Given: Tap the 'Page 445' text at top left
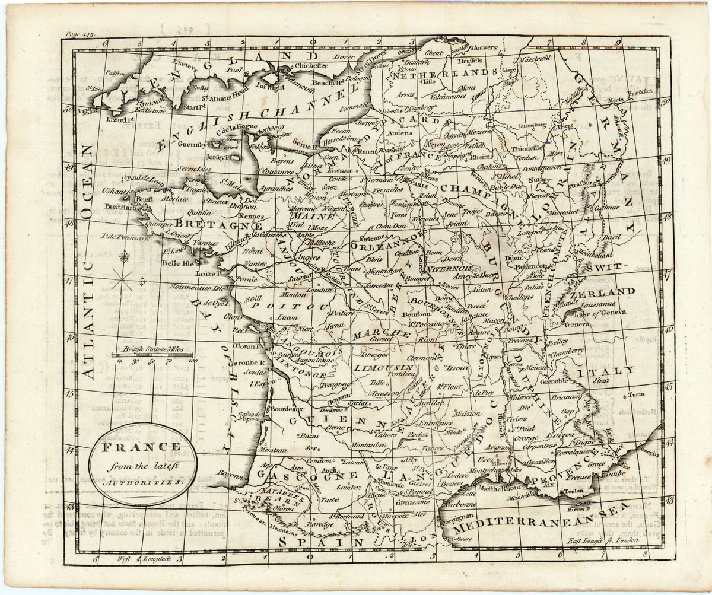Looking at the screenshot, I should point(81,36).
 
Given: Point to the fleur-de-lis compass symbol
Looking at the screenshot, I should point(124,257).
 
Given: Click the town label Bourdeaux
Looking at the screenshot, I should point(288,408).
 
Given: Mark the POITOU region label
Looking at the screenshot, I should point(289,306).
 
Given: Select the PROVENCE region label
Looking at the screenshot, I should point(561,470).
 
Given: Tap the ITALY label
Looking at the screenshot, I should point(611,370).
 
